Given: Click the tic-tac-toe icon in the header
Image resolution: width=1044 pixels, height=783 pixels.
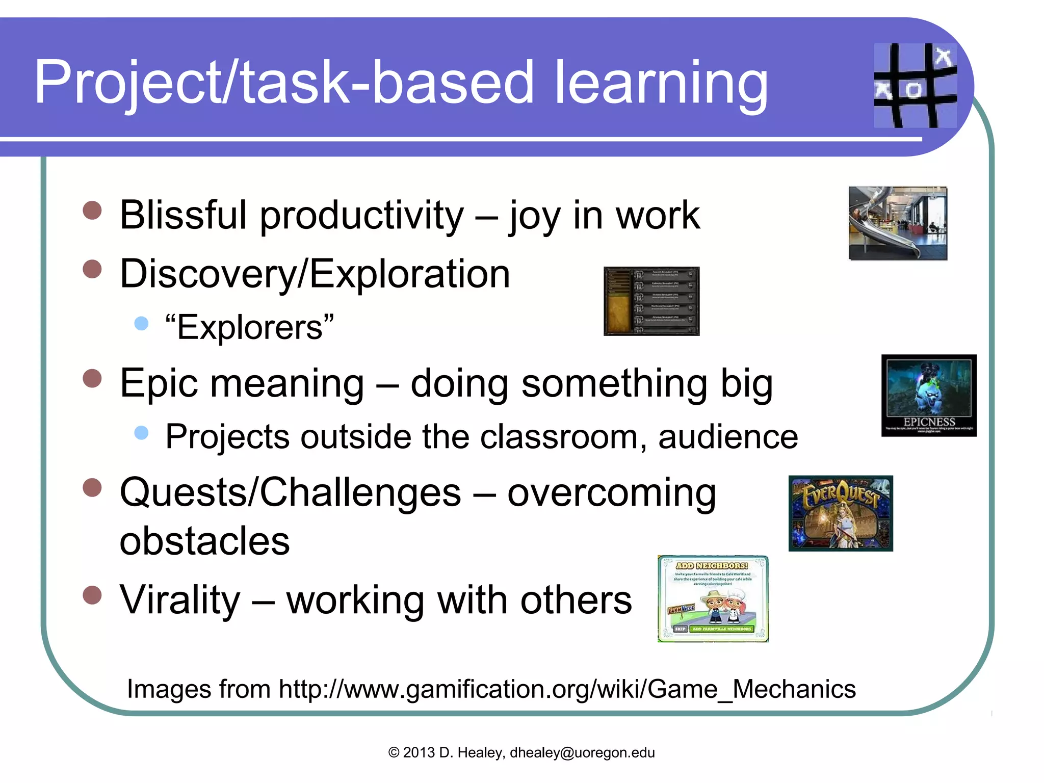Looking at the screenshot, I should point(915,85).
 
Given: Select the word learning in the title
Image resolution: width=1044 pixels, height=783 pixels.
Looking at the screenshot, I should point(661,83).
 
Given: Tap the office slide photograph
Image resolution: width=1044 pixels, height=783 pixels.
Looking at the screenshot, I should point(898,223).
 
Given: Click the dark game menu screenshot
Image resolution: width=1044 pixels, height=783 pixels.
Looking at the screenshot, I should point(651,301).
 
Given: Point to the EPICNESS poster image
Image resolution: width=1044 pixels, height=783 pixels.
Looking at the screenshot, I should point(928,395).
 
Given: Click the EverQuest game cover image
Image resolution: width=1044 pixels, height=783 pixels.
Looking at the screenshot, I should point(840,513).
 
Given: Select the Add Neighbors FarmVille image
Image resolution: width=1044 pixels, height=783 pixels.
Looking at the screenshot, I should point(713,598).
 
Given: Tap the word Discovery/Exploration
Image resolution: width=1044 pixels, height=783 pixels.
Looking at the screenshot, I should point(315,274).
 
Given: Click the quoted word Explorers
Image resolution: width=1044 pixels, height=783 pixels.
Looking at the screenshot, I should point(250,327).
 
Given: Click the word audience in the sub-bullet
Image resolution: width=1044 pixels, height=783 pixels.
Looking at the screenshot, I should point(727,437).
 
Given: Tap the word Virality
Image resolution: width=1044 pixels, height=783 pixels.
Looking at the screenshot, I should point(179,600).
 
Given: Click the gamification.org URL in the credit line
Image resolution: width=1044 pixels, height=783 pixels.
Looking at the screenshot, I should point(567,689).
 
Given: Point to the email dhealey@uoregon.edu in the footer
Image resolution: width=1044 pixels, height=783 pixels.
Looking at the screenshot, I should point(582,752).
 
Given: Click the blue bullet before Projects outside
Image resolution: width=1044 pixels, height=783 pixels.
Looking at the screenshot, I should point(141,433).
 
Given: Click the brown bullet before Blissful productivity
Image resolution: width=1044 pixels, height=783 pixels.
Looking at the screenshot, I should point(92,210).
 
